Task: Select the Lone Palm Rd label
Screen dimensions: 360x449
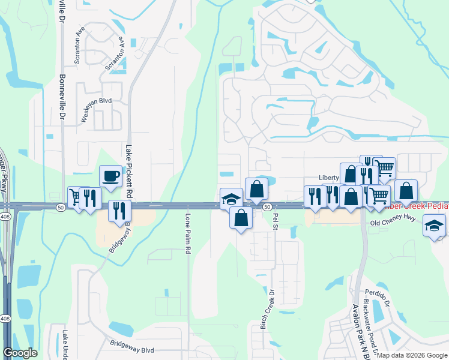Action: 188,232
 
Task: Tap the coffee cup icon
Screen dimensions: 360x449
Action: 110,176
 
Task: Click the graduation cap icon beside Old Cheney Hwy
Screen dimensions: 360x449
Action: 433,226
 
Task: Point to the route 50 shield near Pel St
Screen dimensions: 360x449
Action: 265,207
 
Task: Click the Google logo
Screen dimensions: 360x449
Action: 20,353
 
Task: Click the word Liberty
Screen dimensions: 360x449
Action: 329,178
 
